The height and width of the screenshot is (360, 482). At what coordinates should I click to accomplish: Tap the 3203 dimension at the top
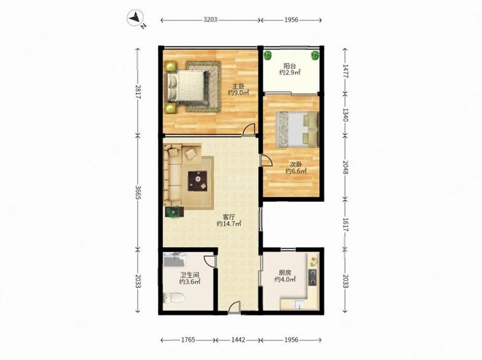pyautogui.click(x=210, y=20)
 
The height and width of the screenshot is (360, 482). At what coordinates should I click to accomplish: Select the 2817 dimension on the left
pyautogui.click(x=138, y=92)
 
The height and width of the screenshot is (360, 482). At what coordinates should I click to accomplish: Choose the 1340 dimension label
pyautogui.click(x=345, y=114)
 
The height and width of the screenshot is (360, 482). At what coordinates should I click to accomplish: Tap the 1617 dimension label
pyautogui.click(x=345, y=225)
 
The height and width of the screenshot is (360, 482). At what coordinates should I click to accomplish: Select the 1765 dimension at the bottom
pyautogui.click(x=188, y=340)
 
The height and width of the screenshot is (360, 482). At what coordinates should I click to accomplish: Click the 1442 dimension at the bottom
pyautogui.click(x=238, y=340)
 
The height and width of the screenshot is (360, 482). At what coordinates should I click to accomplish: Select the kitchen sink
pyautogui.click(x=298, y=305)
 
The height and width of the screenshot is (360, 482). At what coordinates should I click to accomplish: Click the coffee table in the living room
pyautogui.click(x=198, y=180)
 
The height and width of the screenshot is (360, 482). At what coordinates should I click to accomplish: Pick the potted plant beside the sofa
pyautogui.click(x=174, y=212)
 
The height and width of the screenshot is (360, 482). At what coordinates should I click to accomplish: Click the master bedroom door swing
pyautogui.click(x=249, y=129)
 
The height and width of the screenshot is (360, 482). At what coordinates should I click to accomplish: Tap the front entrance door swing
pyautogui.click(x=235, y=307)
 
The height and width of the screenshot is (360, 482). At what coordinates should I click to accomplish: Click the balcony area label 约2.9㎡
pyautogui.click(x=290, y=73)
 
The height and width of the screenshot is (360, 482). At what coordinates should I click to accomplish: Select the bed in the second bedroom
pyautogui.click(x=296, y=129)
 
